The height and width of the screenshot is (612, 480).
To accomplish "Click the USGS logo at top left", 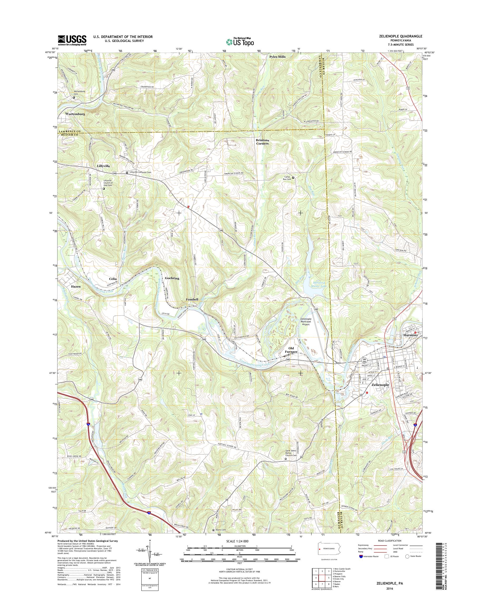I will point(72,40).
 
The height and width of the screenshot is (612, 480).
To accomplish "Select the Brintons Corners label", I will point(262,141).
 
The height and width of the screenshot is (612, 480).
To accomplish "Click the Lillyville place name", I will point(103,166).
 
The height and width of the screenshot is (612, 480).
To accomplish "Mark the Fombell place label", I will point(192,300).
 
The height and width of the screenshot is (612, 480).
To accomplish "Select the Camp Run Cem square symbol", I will point(293,178).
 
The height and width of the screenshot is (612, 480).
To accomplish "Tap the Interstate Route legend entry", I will point(371,556).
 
